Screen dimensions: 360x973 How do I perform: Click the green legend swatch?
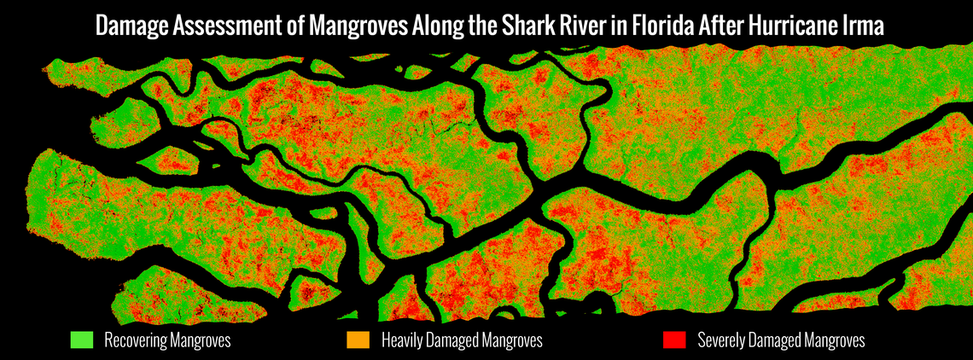pos(81,340)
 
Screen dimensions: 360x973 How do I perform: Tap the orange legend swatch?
pos(358,340)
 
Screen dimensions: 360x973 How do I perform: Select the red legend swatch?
pos(674,340)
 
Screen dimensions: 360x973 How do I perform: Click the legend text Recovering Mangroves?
pos(167,340)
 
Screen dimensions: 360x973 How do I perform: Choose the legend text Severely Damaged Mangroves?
pos(781,340)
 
